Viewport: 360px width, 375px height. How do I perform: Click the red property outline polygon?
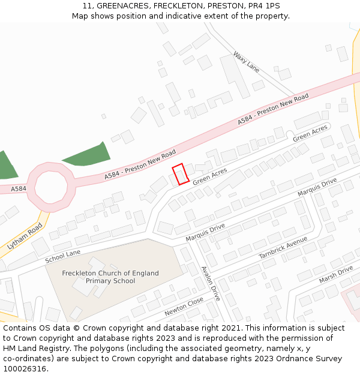point(181,174)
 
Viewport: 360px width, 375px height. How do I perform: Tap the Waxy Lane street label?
point(246,61)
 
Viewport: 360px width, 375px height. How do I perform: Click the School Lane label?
point(62,256)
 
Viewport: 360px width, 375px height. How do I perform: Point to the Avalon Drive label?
point(211,283)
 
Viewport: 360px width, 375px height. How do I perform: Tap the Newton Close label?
point(184,307)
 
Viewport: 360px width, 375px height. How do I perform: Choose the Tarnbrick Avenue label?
point(283,247)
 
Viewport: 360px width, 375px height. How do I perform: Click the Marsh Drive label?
point(336,275)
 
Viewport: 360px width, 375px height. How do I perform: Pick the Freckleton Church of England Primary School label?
point(110,277)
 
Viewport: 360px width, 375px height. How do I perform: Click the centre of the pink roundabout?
point(51,187)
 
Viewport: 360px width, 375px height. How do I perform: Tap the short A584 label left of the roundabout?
point(18,189)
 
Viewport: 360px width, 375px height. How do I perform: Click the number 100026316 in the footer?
point(25,368)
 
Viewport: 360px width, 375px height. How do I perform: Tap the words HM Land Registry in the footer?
point(32,348)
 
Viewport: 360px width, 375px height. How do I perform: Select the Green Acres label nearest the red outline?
point(210,176)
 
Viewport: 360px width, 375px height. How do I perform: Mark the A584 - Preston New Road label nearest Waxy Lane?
point(273,109)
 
